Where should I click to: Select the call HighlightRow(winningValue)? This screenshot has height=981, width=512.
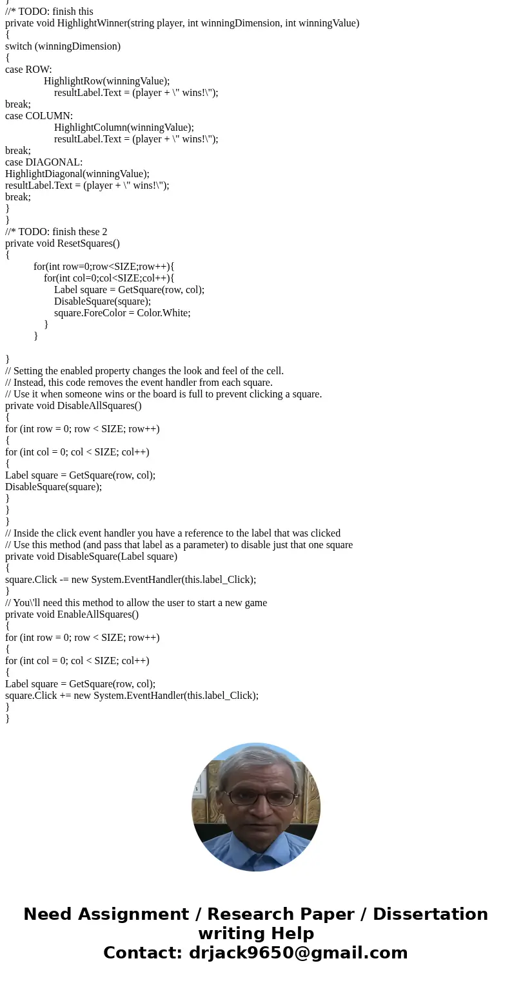pos(106,81)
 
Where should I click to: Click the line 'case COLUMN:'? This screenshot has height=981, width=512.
pos(39,116)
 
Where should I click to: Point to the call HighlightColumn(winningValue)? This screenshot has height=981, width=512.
pos(124,128)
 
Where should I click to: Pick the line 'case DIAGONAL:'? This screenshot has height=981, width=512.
pos(44,162)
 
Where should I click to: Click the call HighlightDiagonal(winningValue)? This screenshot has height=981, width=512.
pos(77,174)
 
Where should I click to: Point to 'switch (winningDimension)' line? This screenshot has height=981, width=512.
pos(63,46)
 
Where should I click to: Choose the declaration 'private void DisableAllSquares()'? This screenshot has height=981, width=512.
pos(73,406)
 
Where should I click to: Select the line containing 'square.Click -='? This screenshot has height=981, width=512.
pos(130,580)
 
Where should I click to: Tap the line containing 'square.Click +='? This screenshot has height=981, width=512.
pos(132,696)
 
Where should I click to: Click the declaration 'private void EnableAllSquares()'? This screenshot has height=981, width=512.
pos(72,614)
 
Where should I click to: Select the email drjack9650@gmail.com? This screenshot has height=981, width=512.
pos(297,953)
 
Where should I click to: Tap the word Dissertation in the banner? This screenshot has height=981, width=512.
pos(430,914)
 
